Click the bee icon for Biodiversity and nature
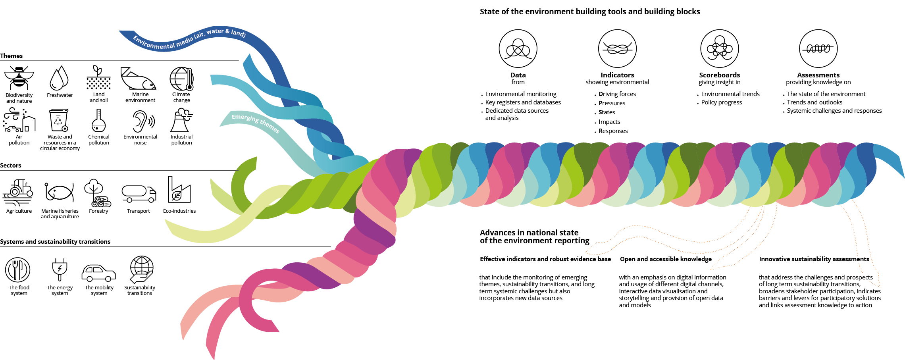[19, 78]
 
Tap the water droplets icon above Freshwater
[59, 78]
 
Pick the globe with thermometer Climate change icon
[181, 79]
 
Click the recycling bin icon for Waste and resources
[59, 120]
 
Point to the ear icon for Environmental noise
[142, 121]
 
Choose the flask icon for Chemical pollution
[98, 121]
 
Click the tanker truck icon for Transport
[139, 194]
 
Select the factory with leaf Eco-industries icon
[179, 191]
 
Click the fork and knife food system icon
[18, 270]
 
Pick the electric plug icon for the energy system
[60, 269]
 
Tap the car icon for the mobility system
[98, 273]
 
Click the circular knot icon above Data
[518, 48]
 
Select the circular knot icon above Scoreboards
[719, 48]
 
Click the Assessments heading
[818, 75]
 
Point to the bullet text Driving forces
[617, 94]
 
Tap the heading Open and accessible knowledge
[666, 259]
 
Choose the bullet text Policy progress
[721, 102]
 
